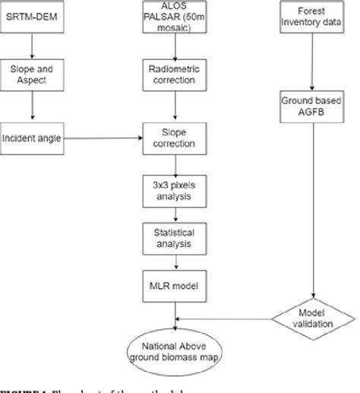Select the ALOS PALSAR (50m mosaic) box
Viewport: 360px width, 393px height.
[x=177, y=17]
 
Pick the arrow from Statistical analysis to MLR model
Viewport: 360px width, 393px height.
[x=177, y=261]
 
